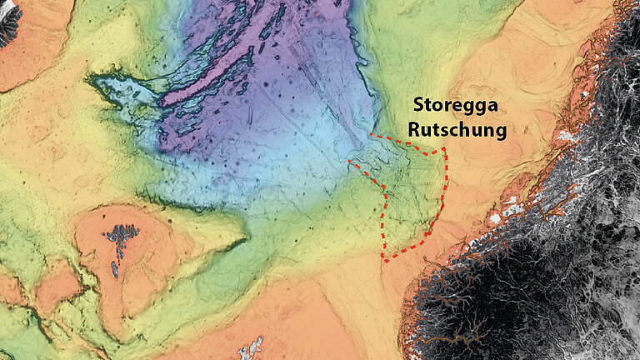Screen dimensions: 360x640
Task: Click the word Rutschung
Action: [457, 131]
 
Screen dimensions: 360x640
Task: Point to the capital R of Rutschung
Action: [414, 130]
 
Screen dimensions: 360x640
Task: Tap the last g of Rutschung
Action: [502, 133]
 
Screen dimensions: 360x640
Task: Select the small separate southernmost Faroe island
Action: [116, 269]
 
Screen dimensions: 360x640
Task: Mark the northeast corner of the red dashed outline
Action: [445, 150]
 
